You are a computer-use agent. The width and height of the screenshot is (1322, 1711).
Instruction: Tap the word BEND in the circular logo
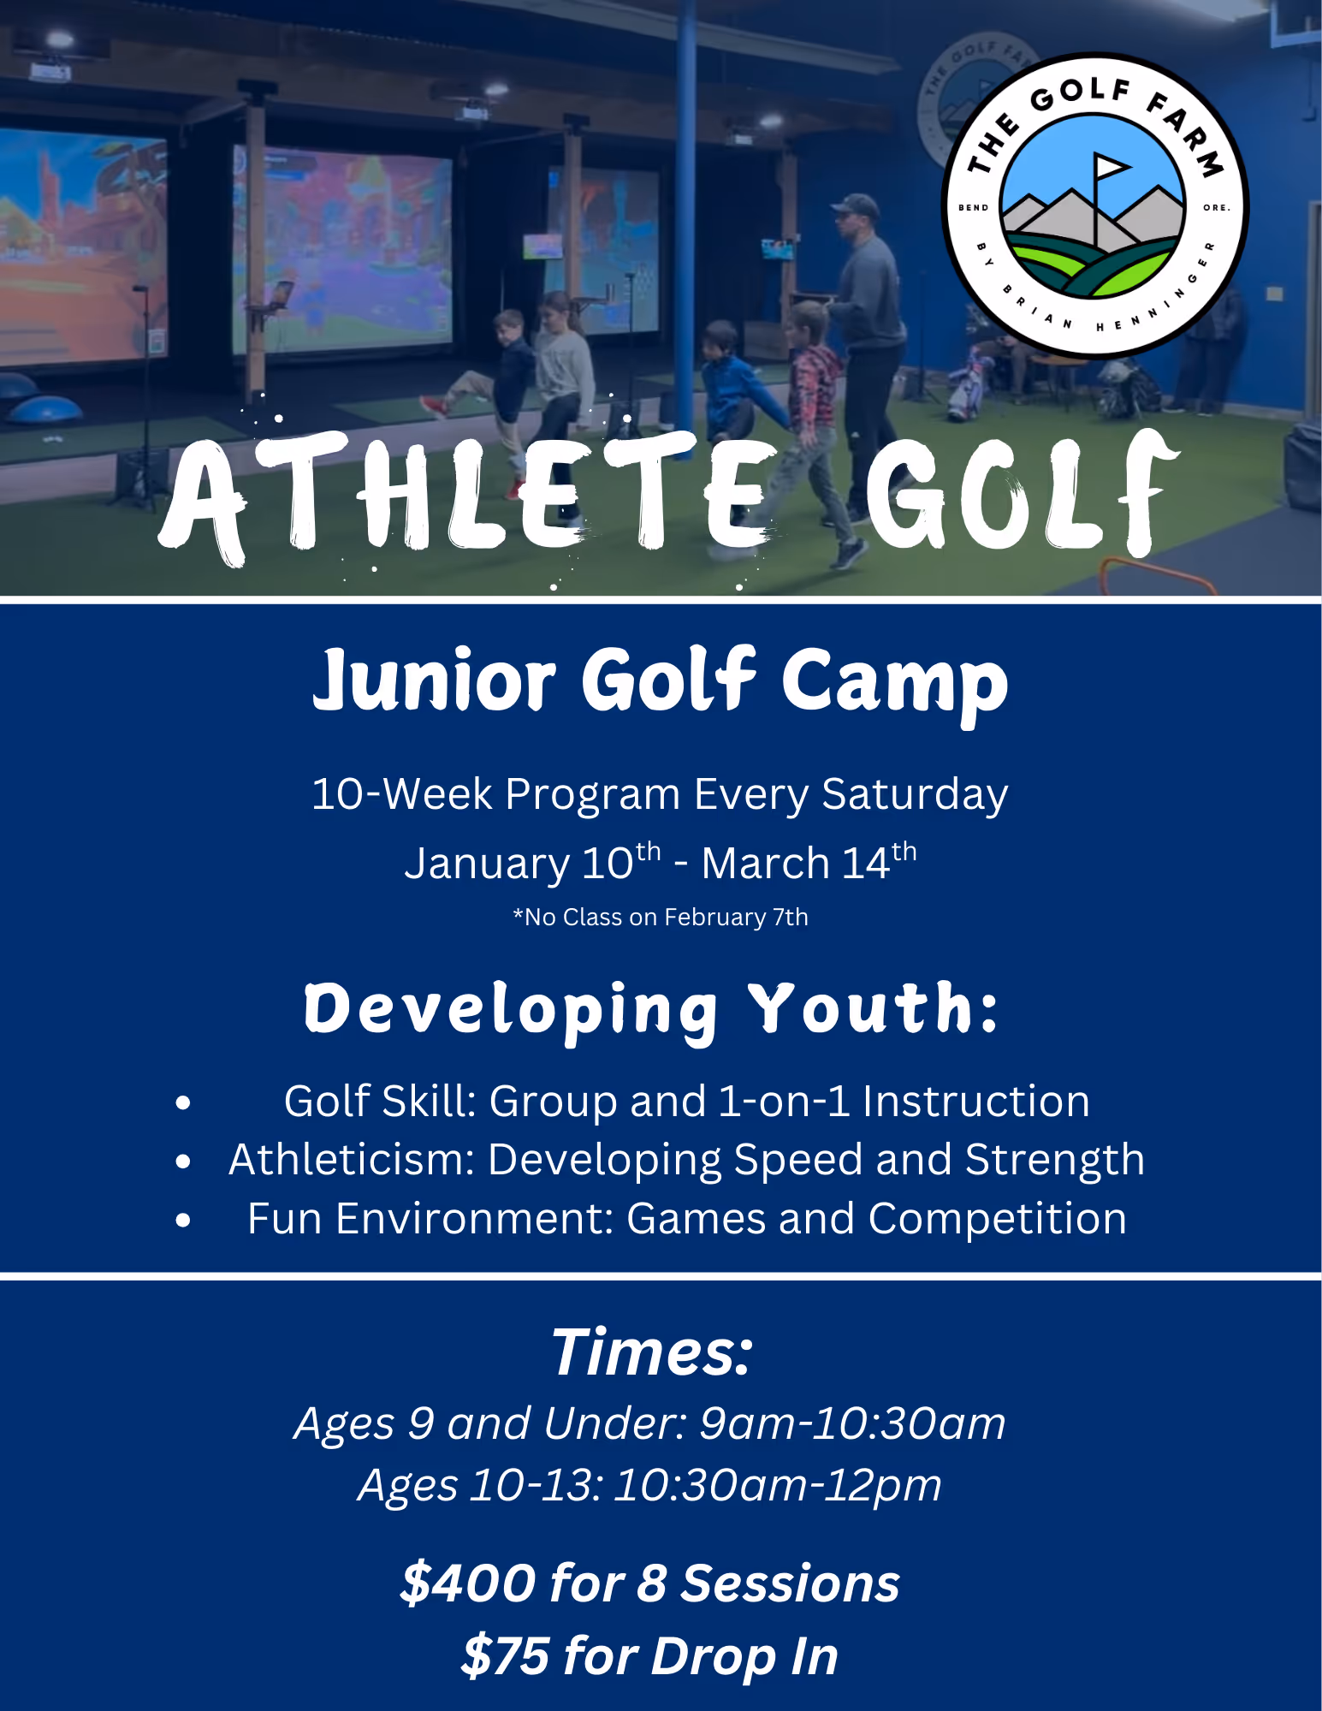point(974,208)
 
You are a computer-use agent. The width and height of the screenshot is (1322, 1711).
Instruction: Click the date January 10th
point(532,861)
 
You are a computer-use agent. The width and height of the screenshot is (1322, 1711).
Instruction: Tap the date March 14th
point(809,861)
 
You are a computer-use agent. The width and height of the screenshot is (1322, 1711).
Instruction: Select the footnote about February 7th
point(661,918)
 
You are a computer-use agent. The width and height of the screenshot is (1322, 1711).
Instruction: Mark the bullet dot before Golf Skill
point(183,1102)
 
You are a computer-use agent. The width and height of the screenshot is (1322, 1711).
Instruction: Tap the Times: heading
point(652,1353)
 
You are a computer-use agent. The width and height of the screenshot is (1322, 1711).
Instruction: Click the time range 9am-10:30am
point(852,1424)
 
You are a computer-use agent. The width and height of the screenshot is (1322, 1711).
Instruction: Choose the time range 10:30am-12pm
point(778,1486)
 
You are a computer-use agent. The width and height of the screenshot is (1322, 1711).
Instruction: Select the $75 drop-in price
point(505,1656)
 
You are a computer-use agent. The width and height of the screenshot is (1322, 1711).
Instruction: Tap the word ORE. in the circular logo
point(1216,208)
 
